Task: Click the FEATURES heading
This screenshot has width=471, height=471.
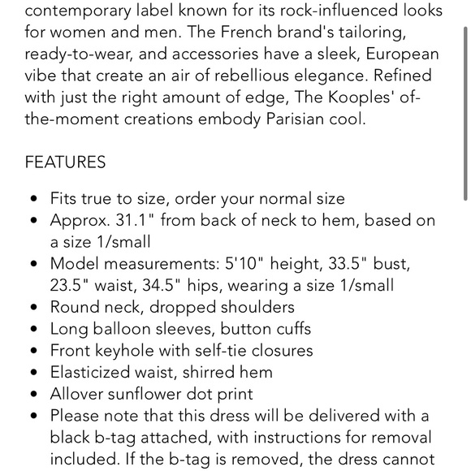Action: tap(65, 162)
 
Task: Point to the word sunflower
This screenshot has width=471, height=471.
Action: tap(152, 394)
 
